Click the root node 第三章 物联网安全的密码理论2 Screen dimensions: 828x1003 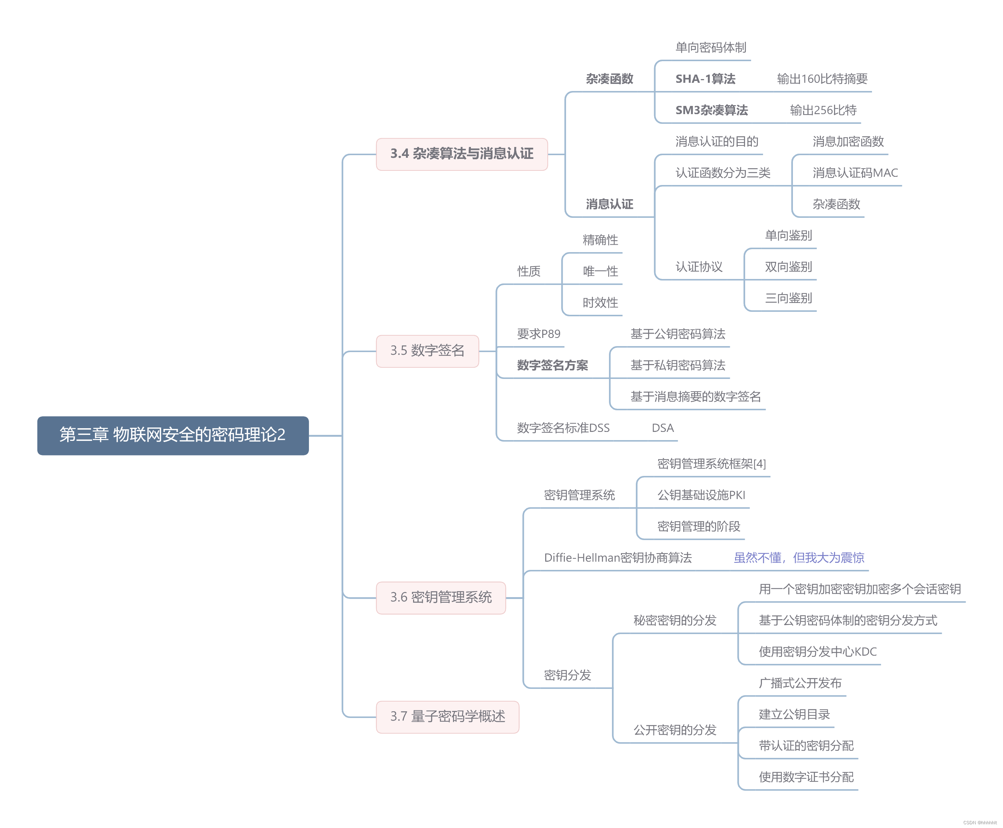(173, 435)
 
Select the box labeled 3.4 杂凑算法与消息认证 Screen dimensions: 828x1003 (462, 154)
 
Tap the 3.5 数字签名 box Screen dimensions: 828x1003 (427, 351)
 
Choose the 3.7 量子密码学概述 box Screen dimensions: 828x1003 (447, 716)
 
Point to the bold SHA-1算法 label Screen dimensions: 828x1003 (705, 79)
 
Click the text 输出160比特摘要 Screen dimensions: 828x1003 (822, 79)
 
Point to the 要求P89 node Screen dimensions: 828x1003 (538, 334)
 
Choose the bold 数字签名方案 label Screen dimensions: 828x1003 (552, 366)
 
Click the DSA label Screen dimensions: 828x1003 (662, 428)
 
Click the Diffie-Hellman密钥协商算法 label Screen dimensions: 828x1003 (618, 558)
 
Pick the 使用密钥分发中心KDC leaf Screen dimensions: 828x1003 (818, 652)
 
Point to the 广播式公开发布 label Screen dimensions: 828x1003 (800, 683)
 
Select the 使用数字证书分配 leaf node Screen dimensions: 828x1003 (806, 777)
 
